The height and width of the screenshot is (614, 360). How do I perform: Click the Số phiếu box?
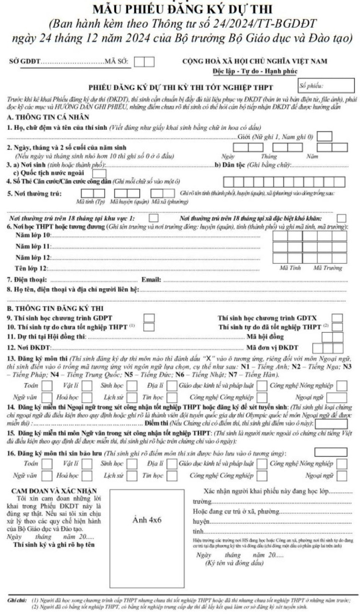tap(326, 86)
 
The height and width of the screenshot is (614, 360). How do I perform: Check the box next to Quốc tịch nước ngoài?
tap(100, 173)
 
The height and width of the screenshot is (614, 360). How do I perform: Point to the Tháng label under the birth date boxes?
tap(269, 156)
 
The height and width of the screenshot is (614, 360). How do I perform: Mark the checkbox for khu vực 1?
tap(153, 218)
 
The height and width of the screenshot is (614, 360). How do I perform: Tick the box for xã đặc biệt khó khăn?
tap(341, 218)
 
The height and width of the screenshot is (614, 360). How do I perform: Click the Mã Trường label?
tap(328, 268)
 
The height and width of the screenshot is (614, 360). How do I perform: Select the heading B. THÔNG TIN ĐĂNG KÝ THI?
tap(55, 308)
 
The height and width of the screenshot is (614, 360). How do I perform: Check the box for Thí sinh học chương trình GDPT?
tap(149, 318)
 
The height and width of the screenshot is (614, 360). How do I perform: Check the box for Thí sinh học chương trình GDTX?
tap(337, 318)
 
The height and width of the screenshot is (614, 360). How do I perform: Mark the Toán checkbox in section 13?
tap(47, 386)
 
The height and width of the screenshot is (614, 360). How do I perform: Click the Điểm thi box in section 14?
tap(331, 424)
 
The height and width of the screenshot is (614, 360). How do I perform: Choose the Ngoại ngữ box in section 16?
tap(342, 475)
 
